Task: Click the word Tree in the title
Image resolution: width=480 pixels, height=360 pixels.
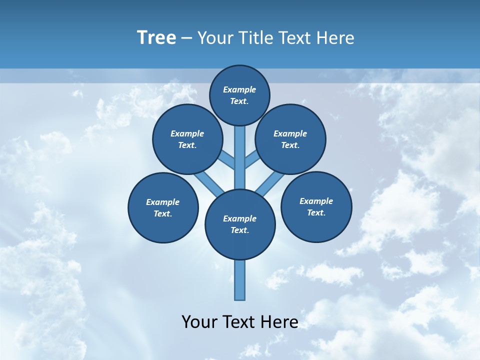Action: click(156, 37)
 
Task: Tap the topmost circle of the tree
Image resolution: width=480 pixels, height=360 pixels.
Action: click(239, 95)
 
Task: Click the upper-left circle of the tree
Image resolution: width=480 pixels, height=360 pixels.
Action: click(187, 139)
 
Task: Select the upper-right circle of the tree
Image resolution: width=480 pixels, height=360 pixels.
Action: click(290, 139)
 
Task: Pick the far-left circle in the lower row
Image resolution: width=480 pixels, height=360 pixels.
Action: click(163, 207)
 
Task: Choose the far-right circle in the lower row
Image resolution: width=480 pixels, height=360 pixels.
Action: click(316, 206)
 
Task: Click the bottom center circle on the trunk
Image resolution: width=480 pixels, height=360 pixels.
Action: click(240, 224)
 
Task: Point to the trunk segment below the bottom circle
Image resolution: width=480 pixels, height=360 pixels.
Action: click(240, 280)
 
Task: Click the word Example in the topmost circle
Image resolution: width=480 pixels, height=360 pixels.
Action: click(239, 89)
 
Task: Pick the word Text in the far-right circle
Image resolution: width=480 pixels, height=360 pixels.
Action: click(316, 212)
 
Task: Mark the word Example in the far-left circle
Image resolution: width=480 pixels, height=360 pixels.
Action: click(163, 202)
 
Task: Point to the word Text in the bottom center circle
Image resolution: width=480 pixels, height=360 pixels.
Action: click(240, 230)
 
